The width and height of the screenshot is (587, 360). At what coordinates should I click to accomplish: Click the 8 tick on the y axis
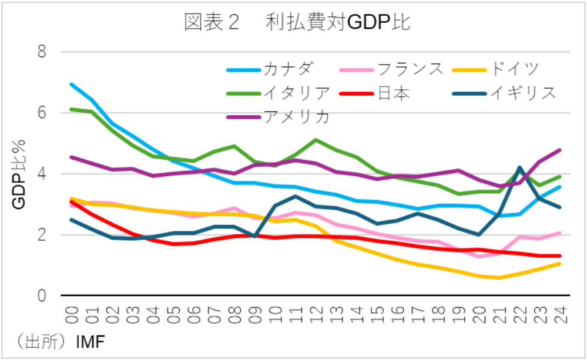(x=42, y=52)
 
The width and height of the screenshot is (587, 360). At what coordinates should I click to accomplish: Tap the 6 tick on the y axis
(x=42, y=113)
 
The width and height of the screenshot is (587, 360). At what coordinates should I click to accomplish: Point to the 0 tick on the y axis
(x=42, y=297)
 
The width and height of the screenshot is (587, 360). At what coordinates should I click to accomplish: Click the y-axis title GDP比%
(x=19, y=175)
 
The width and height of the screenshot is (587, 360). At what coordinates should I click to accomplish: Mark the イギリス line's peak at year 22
(x=519, y=167)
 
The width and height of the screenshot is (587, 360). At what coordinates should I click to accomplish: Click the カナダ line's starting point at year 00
(x=72, y=84)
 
